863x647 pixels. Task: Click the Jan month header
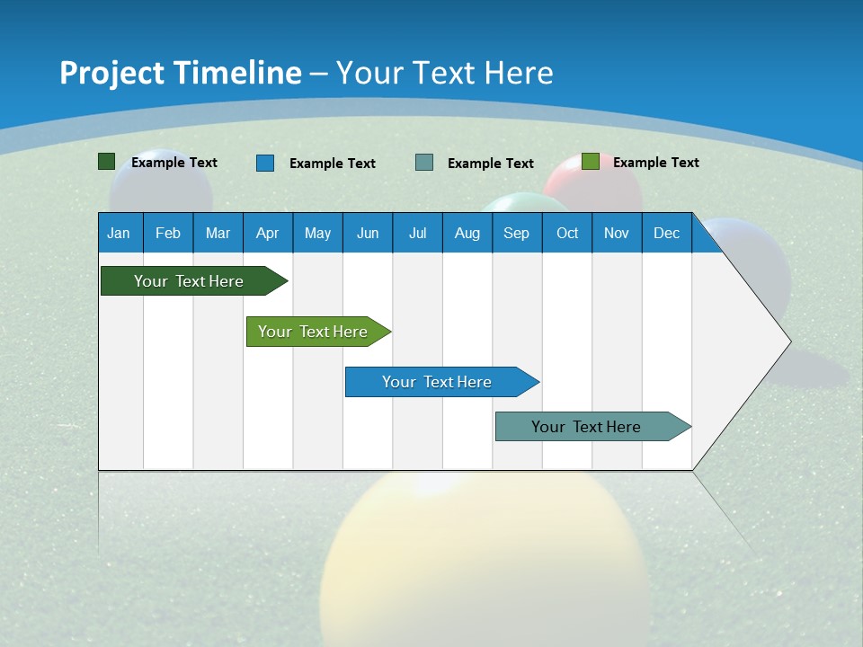[x=120, y=233]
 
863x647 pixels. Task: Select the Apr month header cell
[x=268, y=233]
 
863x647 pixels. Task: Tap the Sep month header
[x=517, y=233]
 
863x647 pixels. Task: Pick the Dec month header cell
[x=667, y=233]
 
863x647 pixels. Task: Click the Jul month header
[x=418, y=233]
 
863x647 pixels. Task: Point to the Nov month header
[x=617, y=233]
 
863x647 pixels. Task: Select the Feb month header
[x=168, y=233]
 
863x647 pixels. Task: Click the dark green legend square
[x=107, y=162]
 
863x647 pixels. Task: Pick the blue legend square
[x=265, y=163]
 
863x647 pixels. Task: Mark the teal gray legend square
[x=424, y=163]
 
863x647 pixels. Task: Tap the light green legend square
[x=590, y=162]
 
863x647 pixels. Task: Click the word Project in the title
[x=111, y=73]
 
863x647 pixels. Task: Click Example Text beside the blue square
[x=333, y=164]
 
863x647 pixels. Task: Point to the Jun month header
[x=368, y=233]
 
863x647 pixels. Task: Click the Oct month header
[x=567, y=233]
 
